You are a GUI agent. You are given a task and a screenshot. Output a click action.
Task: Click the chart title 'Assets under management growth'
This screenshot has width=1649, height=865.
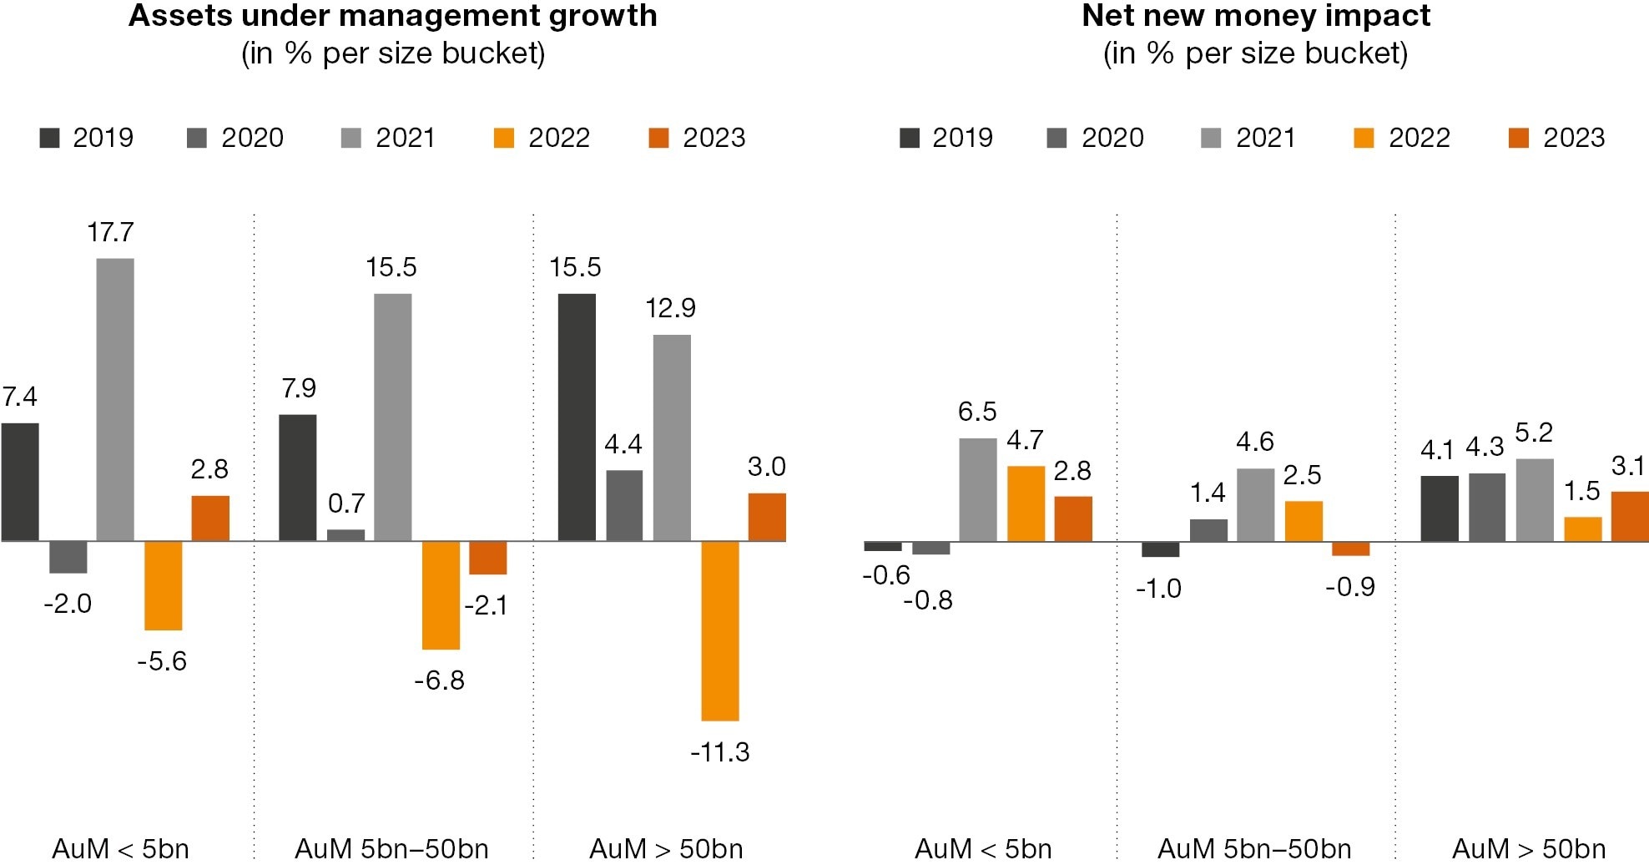[x=392, y=16]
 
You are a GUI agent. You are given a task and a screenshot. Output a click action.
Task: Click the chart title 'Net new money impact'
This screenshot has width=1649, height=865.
[x=1255, y=16]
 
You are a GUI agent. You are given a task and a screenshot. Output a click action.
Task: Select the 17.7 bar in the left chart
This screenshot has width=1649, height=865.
[x=115, y=399]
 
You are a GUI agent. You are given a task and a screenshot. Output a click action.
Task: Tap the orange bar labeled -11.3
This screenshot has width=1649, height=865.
[x=719, y=630]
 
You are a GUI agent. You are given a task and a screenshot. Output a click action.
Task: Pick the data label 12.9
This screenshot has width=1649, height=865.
[x=670, y=308]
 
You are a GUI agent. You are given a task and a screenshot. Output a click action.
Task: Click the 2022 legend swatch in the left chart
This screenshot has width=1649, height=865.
[x=504, y=138]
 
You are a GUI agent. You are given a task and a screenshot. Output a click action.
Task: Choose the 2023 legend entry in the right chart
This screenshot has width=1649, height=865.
[x=1556, y=138]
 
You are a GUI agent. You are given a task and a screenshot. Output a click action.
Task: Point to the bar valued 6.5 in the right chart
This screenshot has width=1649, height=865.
[x=977, y=489]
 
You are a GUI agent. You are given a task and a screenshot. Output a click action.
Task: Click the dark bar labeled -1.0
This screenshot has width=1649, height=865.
[x=1160, y=549]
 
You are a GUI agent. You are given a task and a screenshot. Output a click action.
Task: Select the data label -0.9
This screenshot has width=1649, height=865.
[x=1349, y=587]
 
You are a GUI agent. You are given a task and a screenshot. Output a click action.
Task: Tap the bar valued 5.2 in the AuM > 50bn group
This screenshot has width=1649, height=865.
[x=1535, y=499]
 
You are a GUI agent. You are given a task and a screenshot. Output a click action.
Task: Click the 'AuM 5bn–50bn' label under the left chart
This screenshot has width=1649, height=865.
[x=391, y=849]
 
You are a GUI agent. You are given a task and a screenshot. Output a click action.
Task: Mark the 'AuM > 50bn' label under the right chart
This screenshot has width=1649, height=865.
[x=1528, y=849]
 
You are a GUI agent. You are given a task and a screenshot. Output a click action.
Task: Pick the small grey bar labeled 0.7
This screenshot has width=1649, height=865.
[x=345, y=535]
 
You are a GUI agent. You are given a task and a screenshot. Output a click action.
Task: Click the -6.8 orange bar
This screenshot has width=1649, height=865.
[x=441, y=594]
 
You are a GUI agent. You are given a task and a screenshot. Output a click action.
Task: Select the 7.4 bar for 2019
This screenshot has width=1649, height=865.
[x=20, y=482]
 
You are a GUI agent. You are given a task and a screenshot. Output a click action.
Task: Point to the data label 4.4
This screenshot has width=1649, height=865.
[x=623, y=444]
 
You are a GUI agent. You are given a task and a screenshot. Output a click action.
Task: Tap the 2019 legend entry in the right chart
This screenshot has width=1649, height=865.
[x=946, y=138]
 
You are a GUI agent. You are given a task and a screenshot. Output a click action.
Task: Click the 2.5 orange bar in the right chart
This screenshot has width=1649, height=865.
[x=1304, y=521]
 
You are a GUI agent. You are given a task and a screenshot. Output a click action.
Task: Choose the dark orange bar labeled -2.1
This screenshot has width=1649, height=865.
[x=487, y=557]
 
